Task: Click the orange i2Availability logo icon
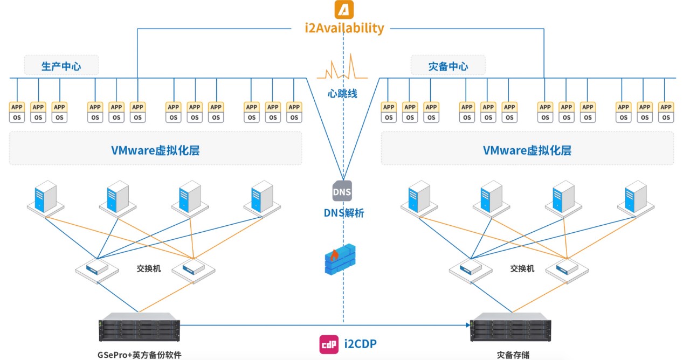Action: (x=344, y=10)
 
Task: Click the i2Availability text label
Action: (x=344, y=28)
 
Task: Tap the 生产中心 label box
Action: (x=61, y=66)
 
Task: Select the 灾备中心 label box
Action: (x=448, y=66)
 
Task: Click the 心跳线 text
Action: (x=343, y=93)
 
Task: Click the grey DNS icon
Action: (x=342, y=191)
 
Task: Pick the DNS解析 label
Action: (x=344, y=213)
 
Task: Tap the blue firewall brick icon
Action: (x=340, y=259)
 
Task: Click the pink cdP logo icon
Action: (x=329, y=344)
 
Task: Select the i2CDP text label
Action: (x=360, y=343)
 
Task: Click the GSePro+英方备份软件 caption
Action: (x=139, y=355)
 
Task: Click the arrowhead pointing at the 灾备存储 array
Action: (x=467, y=325)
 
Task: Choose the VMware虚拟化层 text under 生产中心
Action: (x=155, y=150)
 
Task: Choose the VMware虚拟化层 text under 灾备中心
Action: (x=527, y=150)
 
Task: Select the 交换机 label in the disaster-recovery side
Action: (x=522, y=268)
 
